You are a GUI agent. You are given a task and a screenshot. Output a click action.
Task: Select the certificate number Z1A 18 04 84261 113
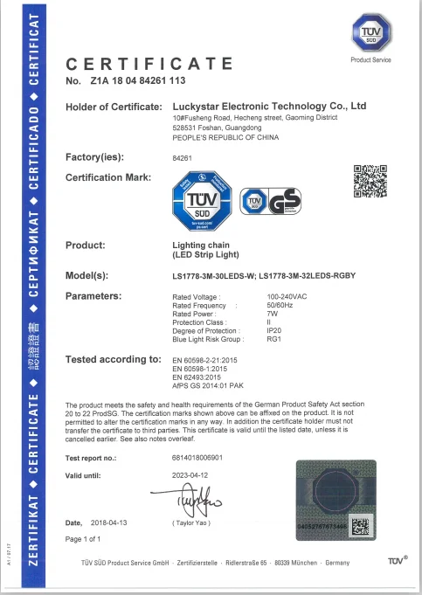pos(138,80)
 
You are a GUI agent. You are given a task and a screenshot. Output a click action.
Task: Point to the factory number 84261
pos(183,157)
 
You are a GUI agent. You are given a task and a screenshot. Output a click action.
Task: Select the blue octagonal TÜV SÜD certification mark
pos(201,202)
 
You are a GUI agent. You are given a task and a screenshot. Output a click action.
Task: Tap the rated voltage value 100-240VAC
pos(287,297)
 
